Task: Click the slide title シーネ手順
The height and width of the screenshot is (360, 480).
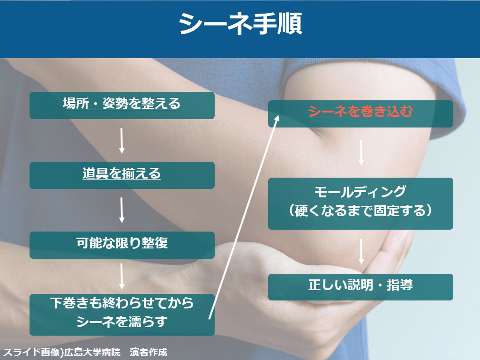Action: click(x=240, y=24)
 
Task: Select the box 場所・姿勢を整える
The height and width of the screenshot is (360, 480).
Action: click(x=122, y=105)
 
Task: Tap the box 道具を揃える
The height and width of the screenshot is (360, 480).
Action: click(x=122, y=175)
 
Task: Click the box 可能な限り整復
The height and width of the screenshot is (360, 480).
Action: click(x=122, y=245)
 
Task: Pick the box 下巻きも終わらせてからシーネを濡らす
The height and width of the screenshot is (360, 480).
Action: click(x=122, y=315)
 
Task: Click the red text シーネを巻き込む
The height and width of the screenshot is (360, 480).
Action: click(x=360, y=112)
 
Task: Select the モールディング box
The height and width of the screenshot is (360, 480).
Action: click(x=360, y=203)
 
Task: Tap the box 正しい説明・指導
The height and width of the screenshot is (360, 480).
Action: click(x=360, y=287)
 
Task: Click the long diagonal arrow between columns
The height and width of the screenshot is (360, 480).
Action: click(x=244, y=217)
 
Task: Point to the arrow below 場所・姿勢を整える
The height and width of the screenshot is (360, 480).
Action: click(x=121, y=141)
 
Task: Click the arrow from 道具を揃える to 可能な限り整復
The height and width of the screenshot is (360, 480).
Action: click(x=121, y=210)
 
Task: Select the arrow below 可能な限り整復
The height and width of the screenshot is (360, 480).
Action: click(x=121, y=277)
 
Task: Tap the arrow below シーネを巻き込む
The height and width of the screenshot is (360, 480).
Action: click(x=361, y=152)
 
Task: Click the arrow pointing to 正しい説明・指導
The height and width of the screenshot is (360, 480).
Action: click(x=361, y=252)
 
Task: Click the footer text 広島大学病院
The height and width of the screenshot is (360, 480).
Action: click(x=92, y=352)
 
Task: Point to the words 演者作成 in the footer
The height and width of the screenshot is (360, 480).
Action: click(x=149, y=352)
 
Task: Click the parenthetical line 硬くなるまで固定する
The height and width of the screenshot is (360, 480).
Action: click(x=360, y=210)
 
